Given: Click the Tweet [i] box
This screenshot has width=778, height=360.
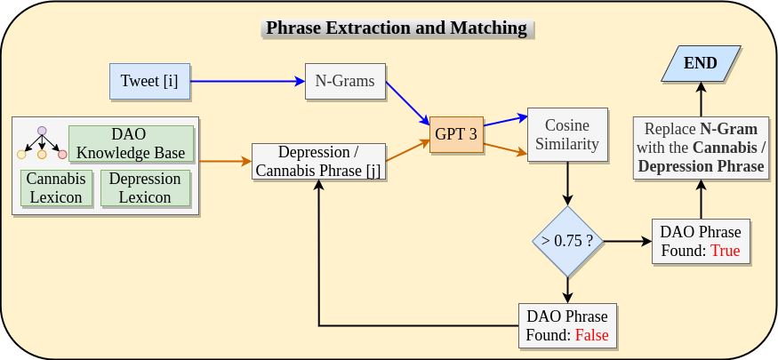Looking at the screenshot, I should point(149,81).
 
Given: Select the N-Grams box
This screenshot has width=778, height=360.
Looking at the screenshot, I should point(345,81).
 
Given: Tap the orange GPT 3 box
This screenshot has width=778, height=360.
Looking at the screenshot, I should point(455,133).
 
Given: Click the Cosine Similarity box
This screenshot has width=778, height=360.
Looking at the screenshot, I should point(568,134).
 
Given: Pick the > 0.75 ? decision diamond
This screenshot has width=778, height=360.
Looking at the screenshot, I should point(567,242).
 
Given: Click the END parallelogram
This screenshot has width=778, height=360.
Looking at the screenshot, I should point(701,64).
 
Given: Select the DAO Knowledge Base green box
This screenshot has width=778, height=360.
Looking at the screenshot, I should point(131,143).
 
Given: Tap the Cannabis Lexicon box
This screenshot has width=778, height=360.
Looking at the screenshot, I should point(56,188).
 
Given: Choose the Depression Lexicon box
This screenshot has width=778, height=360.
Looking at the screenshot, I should point(145,188).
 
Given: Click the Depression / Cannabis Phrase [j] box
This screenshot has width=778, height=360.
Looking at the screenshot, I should point(318,162).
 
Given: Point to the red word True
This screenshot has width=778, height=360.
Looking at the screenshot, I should point(726,251).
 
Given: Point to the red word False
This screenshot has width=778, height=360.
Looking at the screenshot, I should point(592,336).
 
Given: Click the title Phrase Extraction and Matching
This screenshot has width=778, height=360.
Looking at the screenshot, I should point(397,28).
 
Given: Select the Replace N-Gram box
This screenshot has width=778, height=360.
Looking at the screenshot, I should point(701,148).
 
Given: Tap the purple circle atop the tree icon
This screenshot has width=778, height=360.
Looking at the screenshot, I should point(42,131).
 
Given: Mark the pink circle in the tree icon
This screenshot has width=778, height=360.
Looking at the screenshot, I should point(62,155).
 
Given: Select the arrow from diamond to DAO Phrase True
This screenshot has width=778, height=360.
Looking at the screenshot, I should point(627,242).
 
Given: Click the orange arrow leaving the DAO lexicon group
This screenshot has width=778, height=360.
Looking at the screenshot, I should point(225,162).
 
